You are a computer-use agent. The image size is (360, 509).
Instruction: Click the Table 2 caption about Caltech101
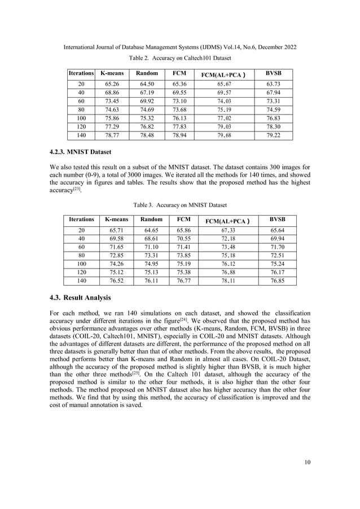point(180,58)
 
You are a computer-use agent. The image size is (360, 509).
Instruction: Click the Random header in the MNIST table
point(151,219)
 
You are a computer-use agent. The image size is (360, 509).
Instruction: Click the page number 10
point(307,463)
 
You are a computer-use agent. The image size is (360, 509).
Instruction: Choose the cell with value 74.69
point(151,109)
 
